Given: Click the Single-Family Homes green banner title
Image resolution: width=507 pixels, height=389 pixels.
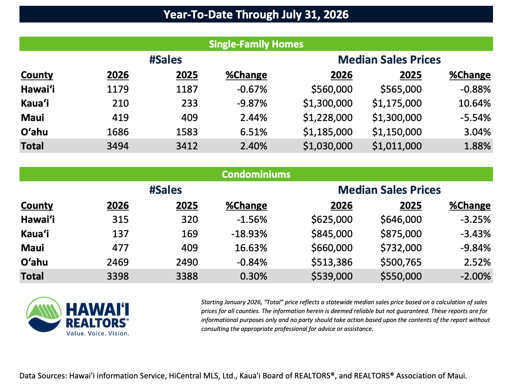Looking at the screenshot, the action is [x=256, y=44].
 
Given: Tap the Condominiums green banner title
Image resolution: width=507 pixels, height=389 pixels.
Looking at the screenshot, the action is [x=256, y=174].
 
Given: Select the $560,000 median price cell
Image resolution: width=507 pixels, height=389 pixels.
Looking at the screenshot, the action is [x=331, y=89].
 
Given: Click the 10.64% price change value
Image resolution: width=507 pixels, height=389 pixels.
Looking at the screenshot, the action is [x=474, y=103].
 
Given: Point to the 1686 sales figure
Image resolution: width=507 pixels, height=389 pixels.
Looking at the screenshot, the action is [x=118, y=132].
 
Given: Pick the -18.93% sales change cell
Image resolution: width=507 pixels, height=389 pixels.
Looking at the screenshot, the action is [x=249, y=233].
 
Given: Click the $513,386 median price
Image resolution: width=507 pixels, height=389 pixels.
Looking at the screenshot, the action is [x=331, y=262].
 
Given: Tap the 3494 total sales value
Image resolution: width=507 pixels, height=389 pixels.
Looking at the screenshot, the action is [x=118, y=146].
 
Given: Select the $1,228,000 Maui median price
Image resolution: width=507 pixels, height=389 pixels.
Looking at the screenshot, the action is [x=328, y=118].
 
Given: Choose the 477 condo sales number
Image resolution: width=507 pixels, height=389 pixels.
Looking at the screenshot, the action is [x=120, y=248].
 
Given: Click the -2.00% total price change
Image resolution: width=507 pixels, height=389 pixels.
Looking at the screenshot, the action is [x=475, y=276].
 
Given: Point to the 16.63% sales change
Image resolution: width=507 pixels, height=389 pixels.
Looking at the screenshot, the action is [x=251, y=248].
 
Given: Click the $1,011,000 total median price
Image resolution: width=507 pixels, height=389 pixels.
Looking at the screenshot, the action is [x=397, y=146].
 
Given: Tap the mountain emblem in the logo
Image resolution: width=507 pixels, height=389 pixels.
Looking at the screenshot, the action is [x=44, y=314].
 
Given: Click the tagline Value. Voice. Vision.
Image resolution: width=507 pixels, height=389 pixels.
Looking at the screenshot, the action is [x=97, y=333].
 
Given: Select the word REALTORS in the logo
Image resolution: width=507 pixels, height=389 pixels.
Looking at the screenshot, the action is [x=96, y=323].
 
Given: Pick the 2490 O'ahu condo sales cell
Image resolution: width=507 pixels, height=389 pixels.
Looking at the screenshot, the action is [x=187, y=262].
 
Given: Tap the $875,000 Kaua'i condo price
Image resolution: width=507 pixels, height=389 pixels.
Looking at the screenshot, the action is [x=401, y=233].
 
